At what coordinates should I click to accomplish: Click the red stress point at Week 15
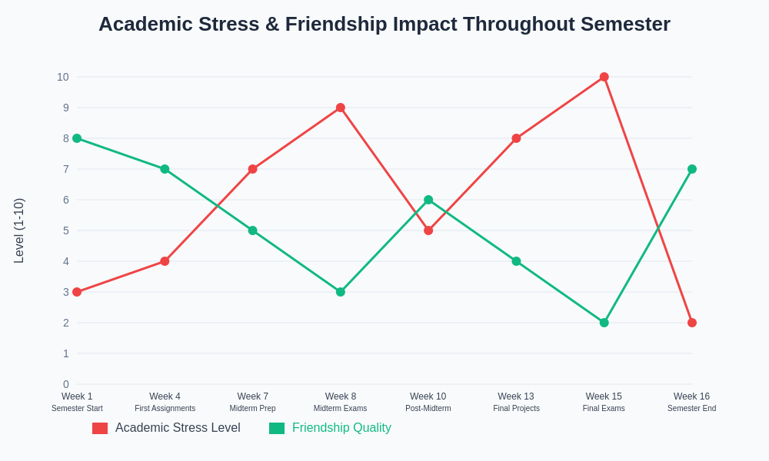604,77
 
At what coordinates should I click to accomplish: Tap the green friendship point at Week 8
341,292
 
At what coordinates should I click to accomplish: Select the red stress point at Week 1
77,292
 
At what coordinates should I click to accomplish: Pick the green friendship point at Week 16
692,169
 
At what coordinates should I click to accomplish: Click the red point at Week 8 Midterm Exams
341,108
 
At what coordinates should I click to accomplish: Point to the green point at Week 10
428,200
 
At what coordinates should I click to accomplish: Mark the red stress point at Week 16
692,323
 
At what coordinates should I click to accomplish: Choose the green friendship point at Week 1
77,138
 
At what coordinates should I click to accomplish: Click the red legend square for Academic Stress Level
100,428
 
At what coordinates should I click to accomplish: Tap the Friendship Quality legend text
341,428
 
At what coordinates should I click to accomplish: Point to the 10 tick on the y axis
63,77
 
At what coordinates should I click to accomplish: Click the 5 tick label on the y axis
66,230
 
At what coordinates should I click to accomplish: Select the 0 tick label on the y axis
66,384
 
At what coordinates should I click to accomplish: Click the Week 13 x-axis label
516,396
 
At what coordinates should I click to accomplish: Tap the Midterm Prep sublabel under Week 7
252,409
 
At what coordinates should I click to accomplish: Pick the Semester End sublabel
691,409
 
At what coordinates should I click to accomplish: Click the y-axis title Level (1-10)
19,230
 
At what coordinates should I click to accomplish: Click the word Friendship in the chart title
335,24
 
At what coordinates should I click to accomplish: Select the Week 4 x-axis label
165,396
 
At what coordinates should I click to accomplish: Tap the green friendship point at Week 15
604,323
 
